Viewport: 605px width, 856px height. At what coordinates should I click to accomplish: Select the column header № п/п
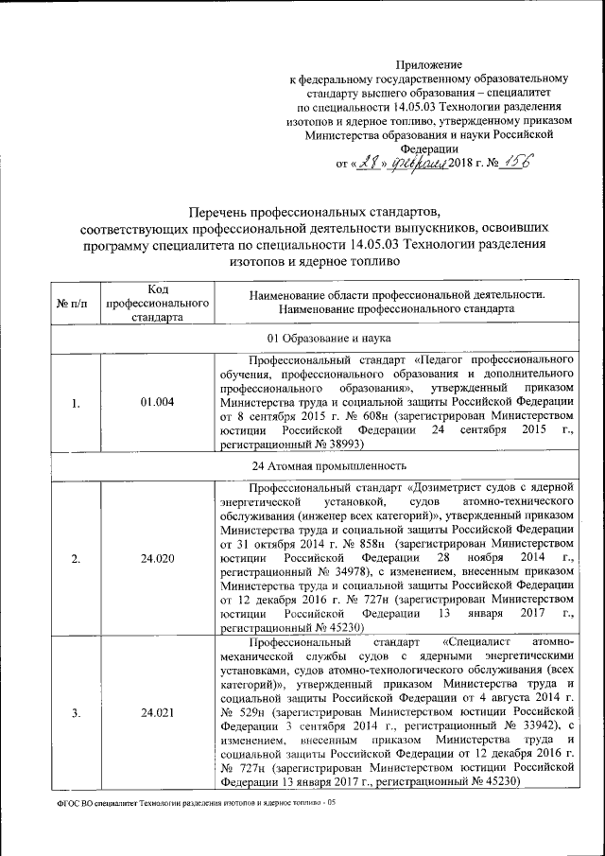click(x=72, y=303)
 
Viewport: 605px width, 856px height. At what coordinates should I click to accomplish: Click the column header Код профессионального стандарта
click(x=157, y=303)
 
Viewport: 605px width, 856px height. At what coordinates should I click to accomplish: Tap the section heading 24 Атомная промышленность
click(x=315, y=465)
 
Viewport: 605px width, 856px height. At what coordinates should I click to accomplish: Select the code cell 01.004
click(x=157, y=402)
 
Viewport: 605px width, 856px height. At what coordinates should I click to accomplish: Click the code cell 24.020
click(x=157, y=558)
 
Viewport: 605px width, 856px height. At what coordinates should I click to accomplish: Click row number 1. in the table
click(x=75, y=402)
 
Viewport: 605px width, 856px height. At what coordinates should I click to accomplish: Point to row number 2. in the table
click(x=75, y=558)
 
